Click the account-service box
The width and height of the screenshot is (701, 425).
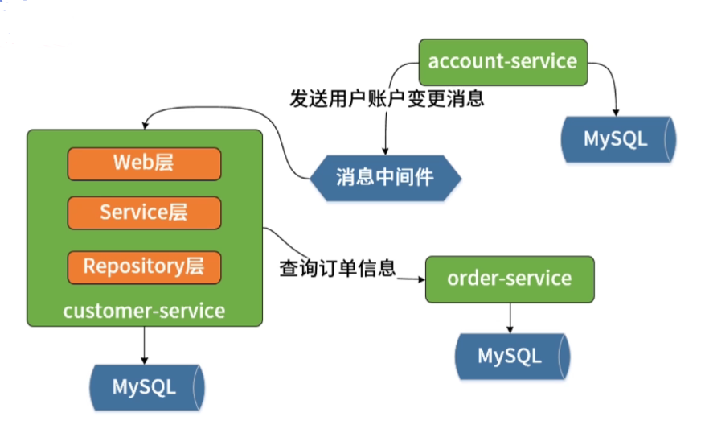[x=502, y=62]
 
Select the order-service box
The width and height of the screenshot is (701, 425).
[x=510, y=279]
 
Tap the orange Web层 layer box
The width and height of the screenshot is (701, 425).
[x=144, y=163]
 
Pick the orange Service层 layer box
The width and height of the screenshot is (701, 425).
[x=144, y=212]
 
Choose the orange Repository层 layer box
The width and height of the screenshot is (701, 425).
[x=144, y=266]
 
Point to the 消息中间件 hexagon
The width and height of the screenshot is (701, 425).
[x=386, y=177]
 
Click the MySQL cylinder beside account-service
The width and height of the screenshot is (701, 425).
[x=617, y=138]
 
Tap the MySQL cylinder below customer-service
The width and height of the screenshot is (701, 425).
[x=146, y=387]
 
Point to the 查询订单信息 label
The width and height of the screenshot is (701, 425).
[x=338, y=267]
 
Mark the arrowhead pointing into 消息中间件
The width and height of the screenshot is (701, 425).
[x=386, y=150]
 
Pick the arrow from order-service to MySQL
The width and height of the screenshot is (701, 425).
[x=510, y=318]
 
